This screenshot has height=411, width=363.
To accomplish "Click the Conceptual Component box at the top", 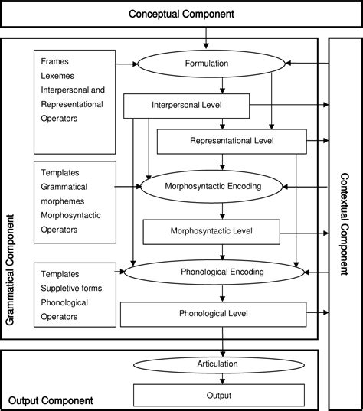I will tap(181, 14).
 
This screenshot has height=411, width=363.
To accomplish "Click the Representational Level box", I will tap(231, 141).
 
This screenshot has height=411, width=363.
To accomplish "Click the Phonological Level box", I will tap(212, 313).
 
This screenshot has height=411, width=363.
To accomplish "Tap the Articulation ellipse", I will tap(222, 364).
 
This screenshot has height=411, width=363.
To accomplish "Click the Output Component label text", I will tap(51, 400).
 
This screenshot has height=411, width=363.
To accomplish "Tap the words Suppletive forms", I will tap(74, 288).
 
